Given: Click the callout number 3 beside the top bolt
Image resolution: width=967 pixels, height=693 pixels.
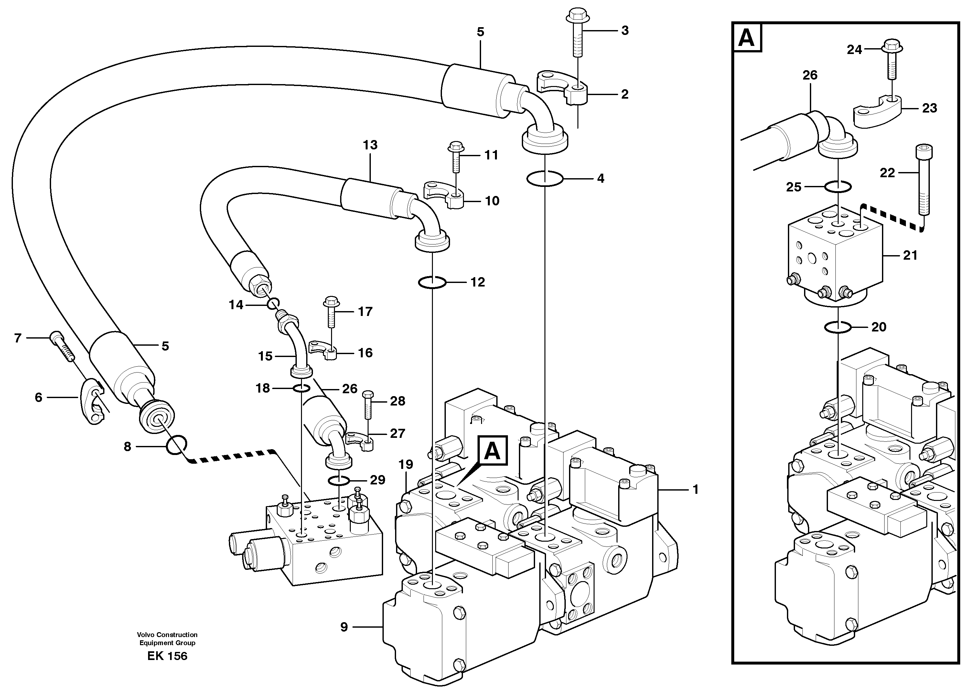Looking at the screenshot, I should point(625,31).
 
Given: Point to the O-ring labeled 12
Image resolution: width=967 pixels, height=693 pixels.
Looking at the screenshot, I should point(432,282).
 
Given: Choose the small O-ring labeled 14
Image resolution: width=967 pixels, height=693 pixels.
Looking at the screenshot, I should point(273,304).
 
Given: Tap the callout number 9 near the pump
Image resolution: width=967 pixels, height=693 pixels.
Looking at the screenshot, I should point(344,627).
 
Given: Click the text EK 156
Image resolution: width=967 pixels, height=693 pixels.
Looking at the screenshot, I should point(167,656).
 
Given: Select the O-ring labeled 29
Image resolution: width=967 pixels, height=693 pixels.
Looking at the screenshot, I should point(338,481).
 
